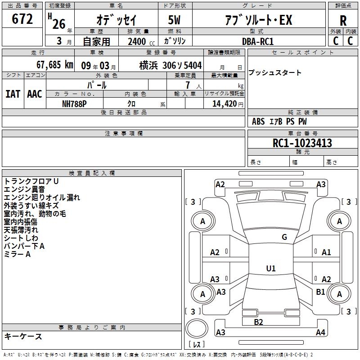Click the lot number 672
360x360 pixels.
tap(22, 18)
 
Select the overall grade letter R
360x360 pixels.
tap(343, 21)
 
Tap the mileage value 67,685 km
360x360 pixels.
tap(55, 65)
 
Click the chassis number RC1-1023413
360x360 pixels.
tap(302, 143)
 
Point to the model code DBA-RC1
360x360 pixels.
tap(258, 41)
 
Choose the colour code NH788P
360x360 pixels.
tap(74, 104)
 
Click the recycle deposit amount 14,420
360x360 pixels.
tap(225, 104)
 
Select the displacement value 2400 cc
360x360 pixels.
tap(141, 41)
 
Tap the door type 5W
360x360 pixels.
tap(174, 20)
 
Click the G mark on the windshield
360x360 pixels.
tap(284, 237)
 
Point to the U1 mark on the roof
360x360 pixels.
tap(271, 268)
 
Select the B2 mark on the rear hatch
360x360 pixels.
tap(258, 322)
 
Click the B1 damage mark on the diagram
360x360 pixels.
tap(320, 292)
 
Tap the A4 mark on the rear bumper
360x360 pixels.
tap(320, 332)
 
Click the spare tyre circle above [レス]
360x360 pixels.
tap(197, 328)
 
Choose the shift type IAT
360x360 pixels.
tap(13, 94)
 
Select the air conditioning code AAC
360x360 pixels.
tap(35, 94)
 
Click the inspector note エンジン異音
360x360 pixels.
tap(24, 189)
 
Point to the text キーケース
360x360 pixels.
tap(23, 336)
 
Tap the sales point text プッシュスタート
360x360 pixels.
tap(275, 72)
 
